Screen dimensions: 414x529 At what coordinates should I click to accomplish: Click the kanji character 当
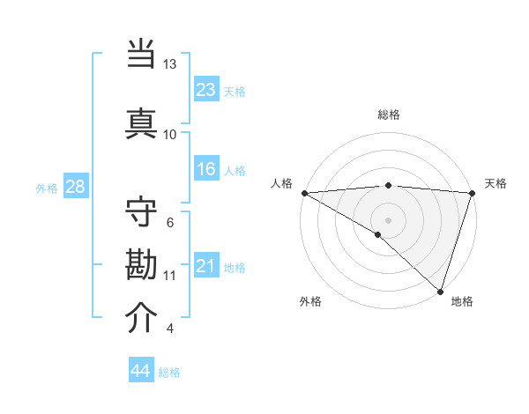tap(142, 54)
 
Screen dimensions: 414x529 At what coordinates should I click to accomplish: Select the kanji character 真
tap(142, 122)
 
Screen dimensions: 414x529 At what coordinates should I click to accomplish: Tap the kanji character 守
tap(142, 214)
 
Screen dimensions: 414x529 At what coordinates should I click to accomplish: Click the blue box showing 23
tap(206, 89)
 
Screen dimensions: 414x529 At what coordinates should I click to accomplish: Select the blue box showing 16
tap(206, 169)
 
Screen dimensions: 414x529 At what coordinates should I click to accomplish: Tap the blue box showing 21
tap(206, 266)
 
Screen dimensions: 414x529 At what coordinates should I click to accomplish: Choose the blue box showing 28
tap(75, 187)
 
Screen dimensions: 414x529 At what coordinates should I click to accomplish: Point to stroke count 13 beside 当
tap(170, 64)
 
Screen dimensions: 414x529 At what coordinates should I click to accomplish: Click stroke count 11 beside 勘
tap(170, 276)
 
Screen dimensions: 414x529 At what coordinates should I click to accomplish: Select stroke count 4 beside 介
tap(170, 329)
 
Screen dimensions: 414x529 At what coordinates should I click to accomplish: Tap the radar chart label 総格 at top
tap(388, 115)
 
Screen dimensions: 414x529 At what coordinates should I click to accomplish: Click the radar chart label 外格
tap(310, 301)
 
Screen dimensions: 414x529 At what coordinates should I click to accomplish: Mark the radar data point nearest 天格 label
tap(472, 193)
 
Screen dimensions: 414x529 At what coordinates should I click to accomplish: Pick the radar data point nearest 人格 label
tap(304, 193)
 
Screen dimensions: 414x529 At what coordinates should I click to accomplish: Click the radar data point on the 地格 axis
tap(440, 291)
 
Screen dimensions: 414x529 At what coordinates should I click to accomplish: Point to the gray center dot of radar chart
tap(388, 219)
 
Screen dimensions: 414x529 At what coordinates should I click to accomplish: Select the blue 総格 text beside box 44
tap(169, 373)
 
